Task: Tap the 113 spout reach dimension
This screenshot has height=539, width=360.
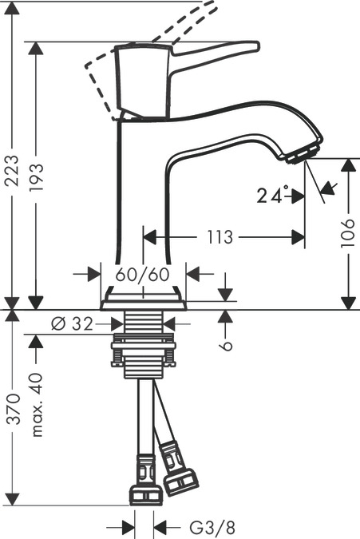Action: pyautogui.click(x=219, y=237)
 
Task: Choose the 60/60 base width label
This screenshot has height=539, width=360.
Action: pyautogui.click(x=144, y=274)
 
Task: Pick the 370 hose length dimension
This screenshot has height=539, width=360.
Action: pyautogui.click(x=11, y=409)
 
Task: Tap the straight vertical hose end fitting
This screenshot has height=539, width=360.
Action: pyautogui.click(x=145, y=479)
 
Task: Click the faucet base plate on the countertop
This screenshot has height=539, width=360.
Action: pyautogui.click(x=144, y=304)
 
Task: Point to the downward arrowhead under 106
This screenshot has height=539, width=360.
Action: pyautogui.click(x=349, y=303)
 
